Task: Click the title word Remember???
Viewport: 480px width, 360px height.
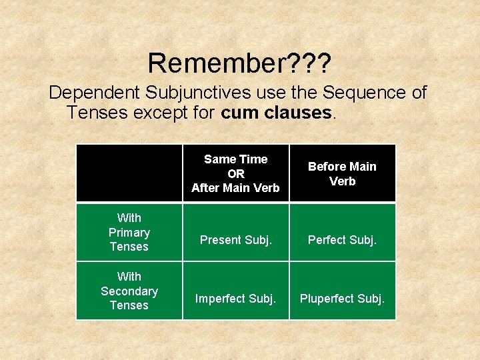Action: click(x=240, y=63)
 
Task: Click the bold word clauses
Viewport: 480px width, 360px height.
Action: click(x=295, y=113)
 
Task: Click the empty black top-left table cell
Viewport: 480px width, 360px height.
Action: click(x=129, y=173)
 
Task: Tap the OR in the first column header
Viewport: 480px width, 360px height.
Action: click(x=235, y=173)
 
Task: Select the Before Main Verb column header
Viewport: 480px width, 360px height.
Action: click(x=342, y=173)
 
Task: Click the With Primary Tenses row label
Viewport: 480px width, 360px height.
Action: click(x=129, y=232)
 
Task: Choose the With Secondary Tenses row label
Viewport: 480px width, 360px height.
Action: click(x=129, y=291)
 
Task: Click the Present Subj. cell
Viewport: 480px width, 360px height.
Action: click(x=235, y=239)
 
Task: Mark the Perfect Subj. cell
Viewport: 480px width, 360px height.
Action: click(x=342, y=239)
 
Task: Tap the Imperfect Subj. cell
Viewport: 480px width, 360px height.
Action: click(x=235, y=298)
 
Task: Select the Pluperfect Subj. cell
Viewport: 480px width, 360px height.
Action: click(x=342, y=298)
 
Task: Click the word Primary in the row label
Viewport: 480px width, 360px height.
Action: click(x=129, y=232)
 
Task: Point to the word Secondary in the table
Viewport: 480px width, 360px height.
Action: click(x=129, y=291)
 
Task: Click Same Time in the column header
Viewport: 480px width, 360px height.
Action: click(x=235, y=159)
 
